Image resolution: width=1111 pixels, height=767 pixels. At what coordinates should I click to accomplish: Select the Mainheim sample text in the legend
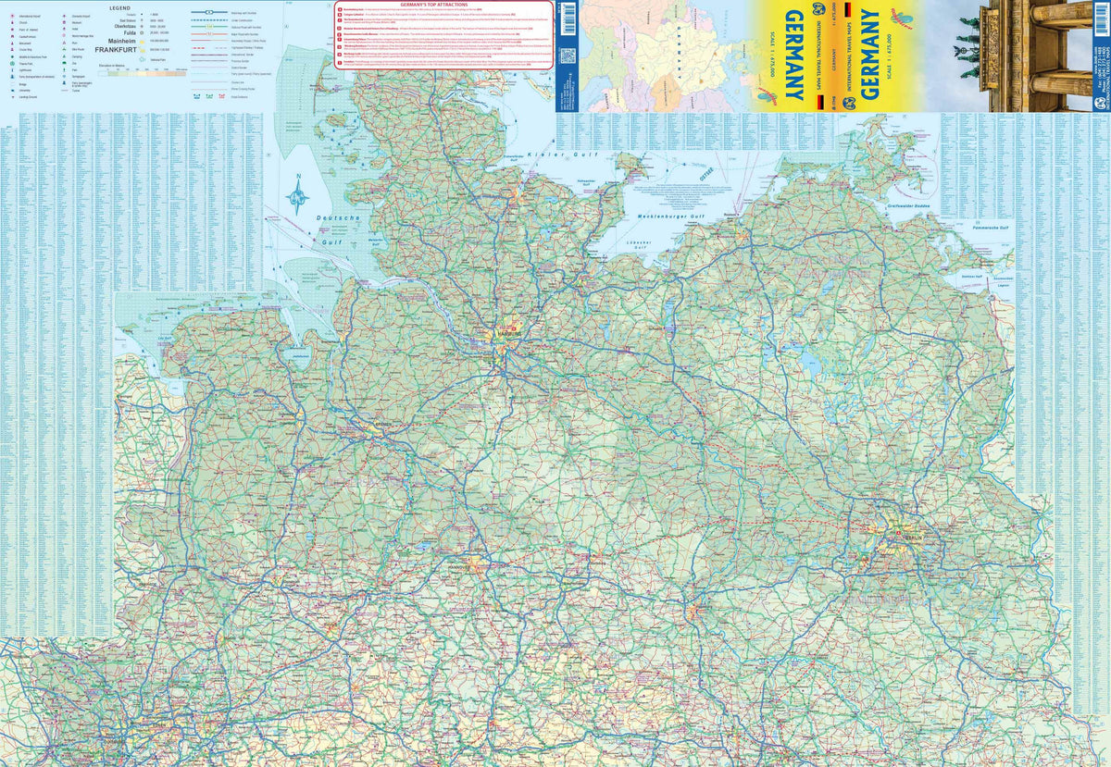[120, 43]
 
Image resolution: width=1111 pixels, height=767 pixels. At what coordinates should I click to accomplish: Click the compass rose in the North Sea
[298, 196]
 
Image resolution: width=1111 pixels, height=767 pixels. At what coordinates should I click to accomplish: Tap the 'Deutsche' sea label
[338, 218]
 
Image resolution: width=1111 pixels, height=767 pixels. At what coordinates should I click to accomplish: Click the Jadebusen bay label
[299, 355]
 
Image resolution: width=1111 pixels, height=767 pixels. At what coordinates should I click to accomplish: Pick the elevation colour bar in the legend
[148, 71]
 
